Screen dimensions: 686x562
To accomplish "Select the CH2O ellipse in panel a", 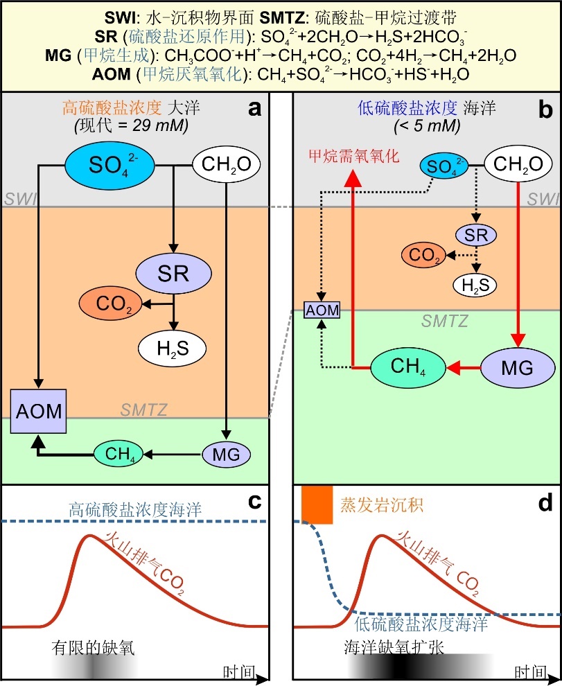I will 226,165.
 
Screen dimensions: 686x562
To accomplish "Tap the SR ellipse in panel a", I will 173,272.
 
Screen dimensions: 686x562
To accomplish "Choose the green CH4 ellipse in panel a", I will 118,455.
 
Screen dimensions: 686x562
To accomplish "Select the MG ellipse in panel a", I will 225,455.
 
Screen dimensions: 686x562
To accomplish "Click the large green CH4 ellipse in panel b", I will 407,367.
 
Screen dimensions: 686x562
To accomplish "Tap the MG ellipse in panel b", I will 518,367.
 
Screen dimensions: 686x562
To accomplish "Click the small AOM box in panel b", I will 323,309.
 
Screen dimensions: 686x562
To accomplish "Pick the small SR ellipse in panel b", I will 476,235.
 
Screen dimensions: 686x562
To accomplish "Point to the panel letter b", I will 545,109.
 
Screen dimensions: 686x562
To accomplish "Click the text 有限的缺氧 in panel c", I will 93,647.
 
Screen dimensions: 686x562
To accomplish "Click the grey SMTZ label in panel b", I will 445,321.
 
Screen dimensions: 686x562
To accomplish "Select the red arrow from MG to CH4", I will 464,367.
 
